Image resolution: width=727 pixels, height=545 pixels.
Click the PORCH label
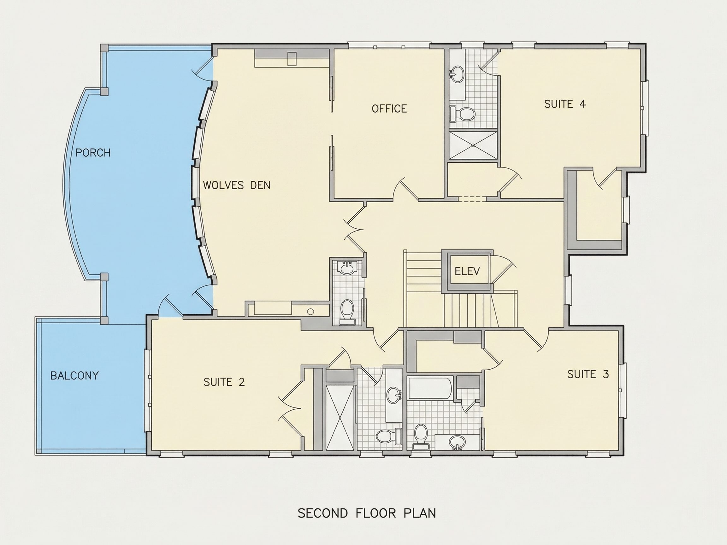93,153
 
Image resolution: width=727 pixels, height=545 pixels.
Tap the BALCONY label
74,376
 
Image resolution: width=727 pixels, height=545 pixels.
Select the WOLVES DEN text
237,185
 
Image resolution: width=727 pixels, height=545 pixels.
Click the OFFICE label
389,109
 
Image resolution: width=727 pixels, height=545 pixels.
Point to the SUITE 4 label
564,104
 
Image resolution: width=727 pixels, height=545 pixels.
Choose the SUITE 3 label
588,374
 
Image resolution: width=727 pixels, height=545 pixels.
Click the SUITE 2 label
224,382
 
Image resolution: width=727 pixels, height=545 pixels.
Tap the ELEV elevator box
467,271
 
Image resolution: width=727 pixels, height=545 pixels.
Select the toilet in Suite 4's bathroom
463,114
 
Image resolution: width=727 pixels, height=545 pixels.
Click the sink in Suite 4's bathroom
457,73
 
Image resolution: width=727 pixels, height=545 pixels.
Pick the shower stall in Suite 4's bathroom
473,145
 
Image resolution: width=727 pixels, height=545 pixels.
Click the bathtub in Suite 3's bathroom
430,388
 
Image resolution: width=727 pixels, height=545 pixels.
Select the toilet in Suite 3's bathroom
421,436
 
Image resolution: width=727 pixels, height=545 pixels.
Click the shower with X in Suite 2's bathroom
340,417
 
